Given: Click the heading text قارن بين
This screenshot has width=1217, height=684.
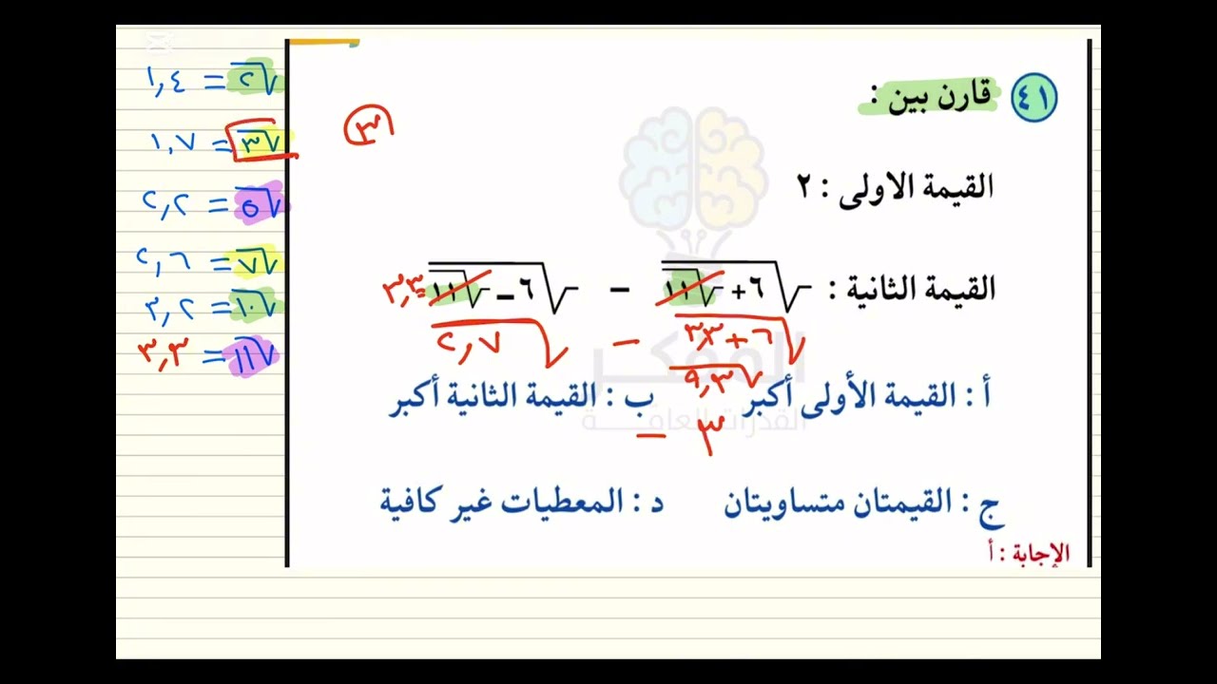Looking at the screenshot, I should point(938,97).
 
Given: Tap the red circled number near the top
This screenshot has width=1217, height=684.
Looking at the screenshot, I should point(368,126).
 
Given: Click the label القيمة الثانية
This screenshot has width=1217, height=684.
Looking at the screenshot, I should point(913,289).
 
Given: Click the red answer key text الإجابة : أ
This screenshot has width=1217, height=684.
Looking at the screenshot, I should point(1029,553).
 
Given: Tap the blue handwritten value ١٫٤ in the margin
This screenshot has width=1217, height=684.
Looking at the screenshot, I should point(166,81).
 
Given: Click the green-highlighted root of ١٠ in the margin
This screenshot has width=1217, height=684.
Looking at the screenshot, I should point(255,306).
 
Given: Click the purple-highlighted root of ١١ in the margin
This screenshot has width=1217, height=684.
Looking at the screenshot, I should point(252,354).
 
